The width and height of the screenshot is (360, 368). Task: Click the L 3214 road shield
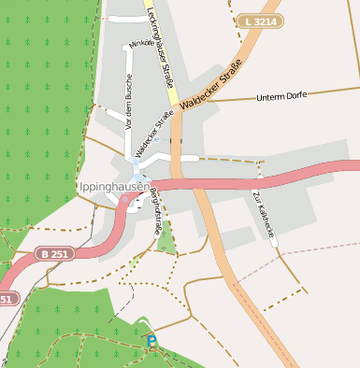(259, 21)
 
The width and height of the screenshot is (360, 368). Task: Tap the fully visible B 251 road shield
(55, 253)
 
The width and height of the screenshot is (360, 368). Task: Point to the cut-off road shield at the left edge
(6, 299)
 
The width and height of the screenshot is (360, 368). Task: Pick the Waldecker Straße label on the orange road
(212, 85)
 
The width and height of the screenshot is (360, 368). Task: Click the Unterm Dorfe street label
(281, 96)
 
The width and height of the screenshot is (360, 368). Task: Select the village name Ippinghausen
(113, 186)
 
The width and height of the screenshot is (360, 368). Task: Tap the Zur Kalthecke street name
(264, 214)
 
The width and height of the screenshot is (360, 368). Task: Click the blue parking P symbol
(151, 342)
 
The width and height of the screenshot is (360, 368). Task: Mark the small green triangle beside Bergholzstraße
(166, 243)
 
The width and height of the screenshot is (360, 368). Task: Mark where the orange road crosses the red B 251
(200, 184)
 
